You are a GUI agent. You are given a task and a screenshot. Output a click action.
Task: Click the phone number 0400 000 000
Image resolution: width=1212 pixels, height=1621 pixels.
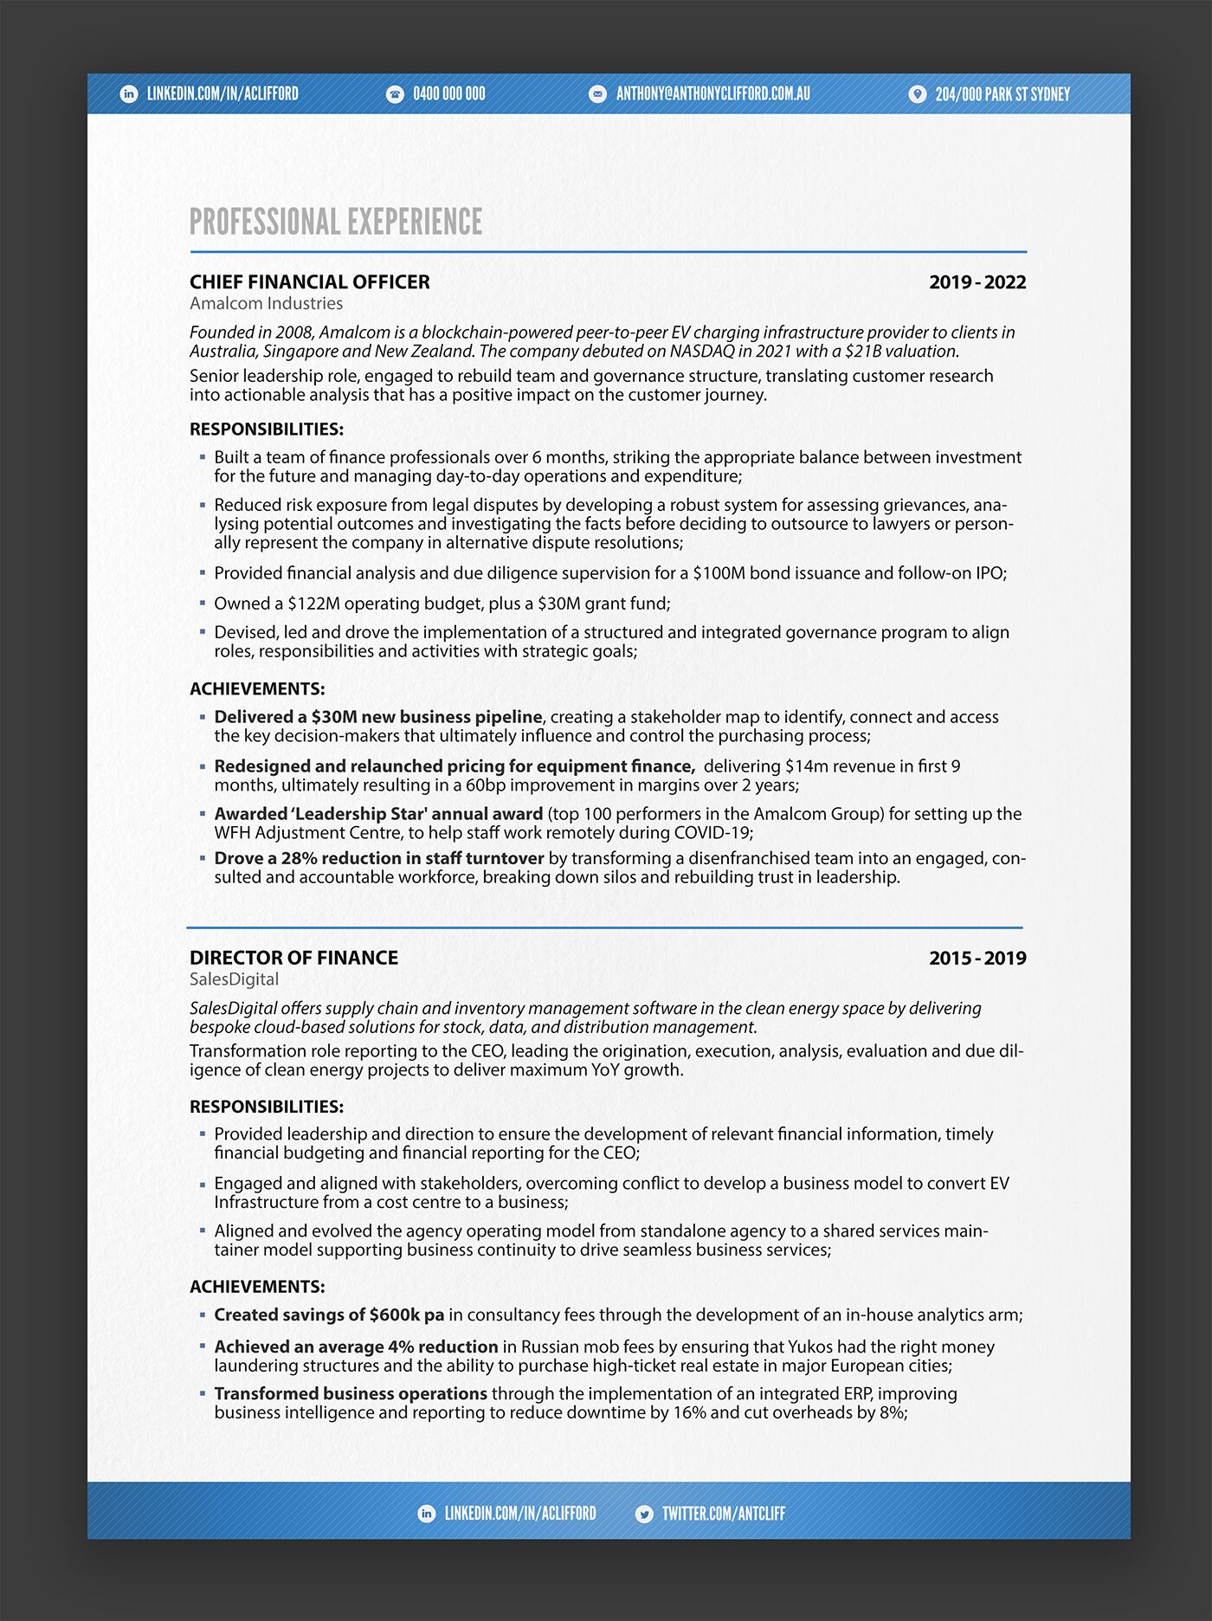tap(448, 94)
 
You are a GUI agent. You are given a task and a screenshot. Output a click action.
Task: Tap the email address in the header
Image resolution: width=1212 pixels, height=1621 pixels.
tap(712, 94)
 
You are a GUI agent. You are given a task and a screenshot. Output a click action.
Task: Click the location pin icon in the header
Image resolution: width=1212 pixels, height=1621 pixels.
tap(917, 94)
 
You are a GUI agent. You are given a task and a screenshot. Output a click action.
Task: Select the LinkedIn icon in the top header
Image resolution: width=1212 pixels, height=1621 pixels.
tap(129, 94)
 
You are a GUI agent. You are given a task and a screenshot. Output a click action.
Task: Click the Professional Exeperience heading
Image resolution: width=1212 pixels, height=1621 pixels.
tap(336, 222)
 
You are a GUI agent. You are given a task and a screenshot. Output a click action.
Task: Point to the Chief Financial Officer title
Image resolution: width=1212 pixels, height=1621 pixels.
tap(309, 282)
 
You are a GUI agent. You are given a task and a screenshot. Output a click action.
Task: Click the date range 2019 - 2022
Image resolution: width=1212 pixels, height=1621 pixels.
tap(977, 282)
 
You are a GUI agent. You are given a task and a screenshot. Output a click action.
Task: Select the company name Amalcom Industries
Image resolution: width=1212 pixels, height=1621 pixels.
tap(266, 304)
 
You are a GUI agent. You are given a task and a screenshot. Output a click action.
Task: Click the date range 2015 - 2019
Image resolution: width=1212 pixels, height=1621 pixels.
tap(977, 959)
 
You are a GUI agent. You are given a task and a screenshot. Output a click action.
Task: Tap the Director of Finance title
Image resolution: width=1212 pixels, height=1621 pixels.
tap(293, 959)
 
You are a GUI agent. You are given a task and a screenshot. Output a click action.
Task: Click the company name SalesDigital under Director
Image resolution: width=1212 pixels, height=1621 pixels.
tap(234, 979)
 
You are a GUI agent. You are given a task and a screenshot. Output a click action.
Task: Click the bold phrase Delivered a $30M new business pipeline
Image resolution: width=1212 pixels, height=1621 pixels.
tap(377, 717)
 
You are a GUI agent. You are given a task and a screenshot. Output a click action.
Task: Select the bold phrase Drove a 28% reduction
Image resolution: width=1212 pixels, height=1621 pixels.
tap(378, 858)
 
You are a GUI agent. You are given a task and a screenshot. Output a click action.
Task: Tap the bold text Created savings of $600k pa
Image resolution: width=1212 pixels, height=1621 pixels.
tap(329, 1314)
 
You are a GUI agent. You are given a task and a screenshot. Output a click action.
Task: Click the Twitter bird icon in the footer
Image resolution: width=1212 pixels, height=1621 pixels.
tap(644, 1514)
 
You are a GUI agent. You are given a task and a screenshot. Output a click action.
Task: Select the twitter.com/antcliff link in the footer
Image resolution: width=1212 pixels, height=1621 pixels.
tap(723, 1514)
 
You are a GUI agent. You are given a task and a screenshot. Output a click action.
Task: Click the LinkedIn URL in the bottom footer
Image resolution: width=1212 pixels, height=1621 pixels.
tap(519, 1514)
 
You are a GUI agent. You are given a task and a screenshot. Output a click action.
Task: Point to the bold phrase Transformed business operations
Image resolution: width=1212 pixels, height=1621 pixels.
tap(351, 1394)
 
